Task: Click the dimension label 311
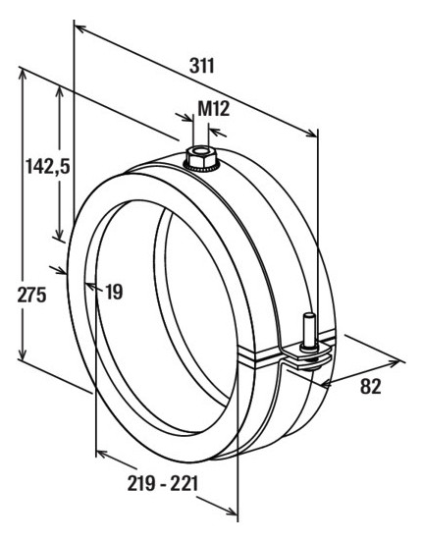coord(202,66)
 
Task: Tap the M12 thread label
coord(214,109)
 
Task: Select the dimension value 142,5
coord(48,167)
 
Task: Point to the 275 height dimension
coord(31,296)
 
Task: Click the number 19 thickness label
coord(115,292)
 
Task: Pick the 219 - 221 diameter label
coord(163,483)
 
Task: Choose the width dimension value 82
coord(371,386)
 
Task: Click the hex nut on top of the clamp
coord(201,157)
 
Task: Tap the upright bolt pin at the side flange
coord(310,331)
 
